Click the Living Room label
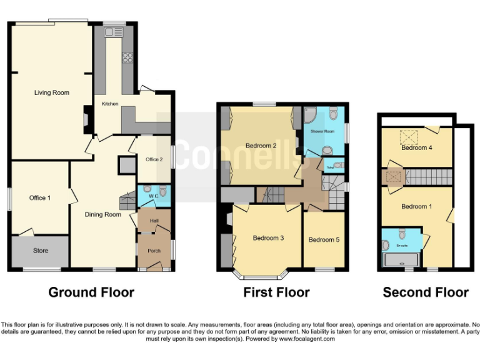(x=51, y=92)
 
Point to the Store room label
(x=40, y=251)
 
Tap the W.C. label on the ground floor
(x=152, y=186)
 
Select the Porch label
(x=154, y=251)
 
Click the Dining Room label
(x=103, y=214)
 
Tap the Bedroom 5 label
(x=324, y=239)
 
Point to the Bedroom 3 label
(x=268, y=238)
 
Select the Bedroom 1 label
(x=416, y=206)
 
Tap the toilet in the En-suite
(x=402, y=235)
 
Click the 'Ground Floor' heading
(x=91, y=292)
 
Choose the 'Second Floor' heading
(x=425, y=292)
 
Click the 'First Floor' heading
(x=276, y=292)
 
